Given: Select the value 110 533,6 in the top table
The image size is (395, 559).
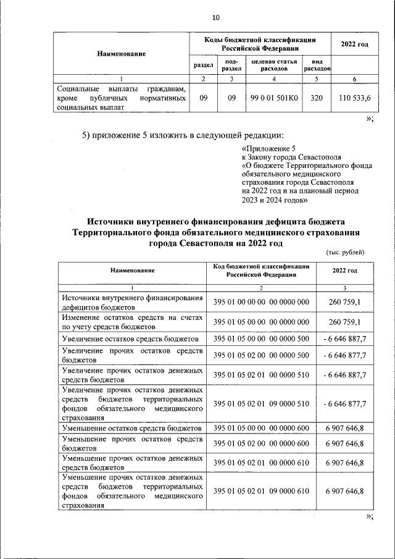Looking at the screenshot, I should coord(355,98).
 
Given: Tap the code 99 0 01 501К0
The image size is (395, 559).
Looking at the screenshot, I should coord(274,98).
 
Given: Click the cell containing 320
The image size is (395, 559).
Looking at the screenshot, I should coord(317,98).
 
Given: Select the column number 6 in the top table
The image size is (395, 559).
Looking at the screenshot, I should coord(354,79).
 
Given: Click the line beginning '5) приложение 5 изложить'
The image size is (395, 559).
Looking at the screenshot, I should coord(183,135).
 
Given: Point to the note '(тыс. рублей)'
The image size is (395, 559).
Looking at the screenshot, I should coord(345,251).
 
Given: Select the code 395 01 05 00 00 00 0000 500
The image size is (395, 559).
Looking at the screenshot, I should coord(261,339).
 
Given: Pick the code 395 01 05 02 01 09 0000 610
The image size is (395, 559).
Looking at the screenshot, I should coord(261,491).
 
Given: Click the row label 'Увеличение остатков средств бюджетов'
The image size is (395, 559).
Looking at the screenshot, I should coord(130,339).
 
